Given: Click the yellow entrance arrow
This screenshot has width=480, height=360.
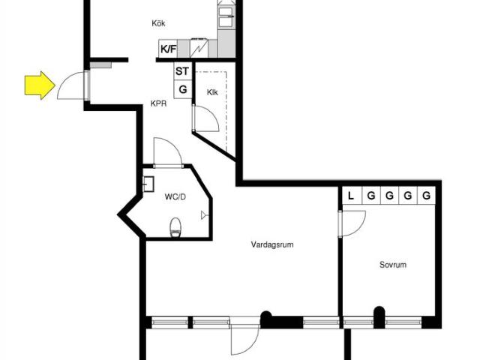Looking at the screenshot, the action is pos(40,85).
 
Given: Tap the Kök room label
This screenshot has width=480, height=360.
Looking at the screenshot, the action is pos(158,23).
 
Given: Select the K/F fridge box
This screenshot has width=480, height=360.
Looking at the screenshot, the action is pos(168,49).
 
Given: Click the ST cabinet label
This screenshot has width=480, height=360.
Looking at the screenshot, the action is pos(182,71).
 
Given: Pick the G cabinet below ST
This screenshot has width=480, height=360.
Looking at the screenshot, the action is pos(183,89).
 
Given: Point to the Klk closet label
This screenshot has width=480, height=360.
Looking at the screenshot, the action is pos(212,92).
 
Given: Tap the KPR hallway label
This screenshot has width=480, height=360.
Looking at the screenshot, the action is pos(158,103).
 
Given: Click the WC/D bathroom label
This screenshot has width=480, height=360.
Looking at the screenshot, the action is pos(175,196).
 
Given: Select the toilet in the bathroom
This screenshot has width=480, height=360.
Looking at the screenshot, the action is pos(175,227).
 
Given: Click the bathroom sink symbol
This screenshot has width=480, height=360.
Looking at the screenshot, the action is pos(148,184).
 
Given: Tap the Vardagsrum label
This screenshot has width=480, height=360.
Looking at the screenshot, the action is pos(272,244).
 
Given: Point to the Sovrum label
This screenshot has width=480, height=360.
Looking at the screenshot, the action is pos(393,265).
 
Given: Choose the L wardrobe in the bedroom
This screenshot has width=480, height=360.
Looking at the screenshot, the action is pos(352,195).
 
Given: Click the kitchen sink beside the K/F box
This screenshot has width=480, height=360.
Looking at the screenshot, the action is pos(199,49).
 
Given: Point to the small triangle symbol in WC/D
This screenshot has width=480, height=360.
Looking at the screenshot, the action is pos(204,215).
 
